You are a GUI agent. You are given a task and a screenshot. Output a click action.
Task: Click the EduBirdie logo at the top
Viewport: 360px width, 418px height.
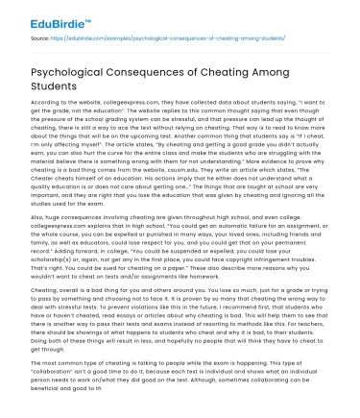tap(39, 16)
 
